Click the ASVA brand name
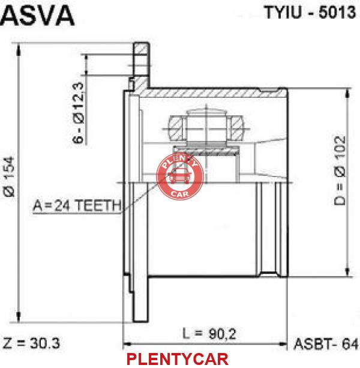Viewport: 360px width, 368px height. click(x=38, y=15)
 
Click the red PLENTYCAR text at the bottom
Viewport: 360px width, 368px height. click(x=178, y=360)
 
